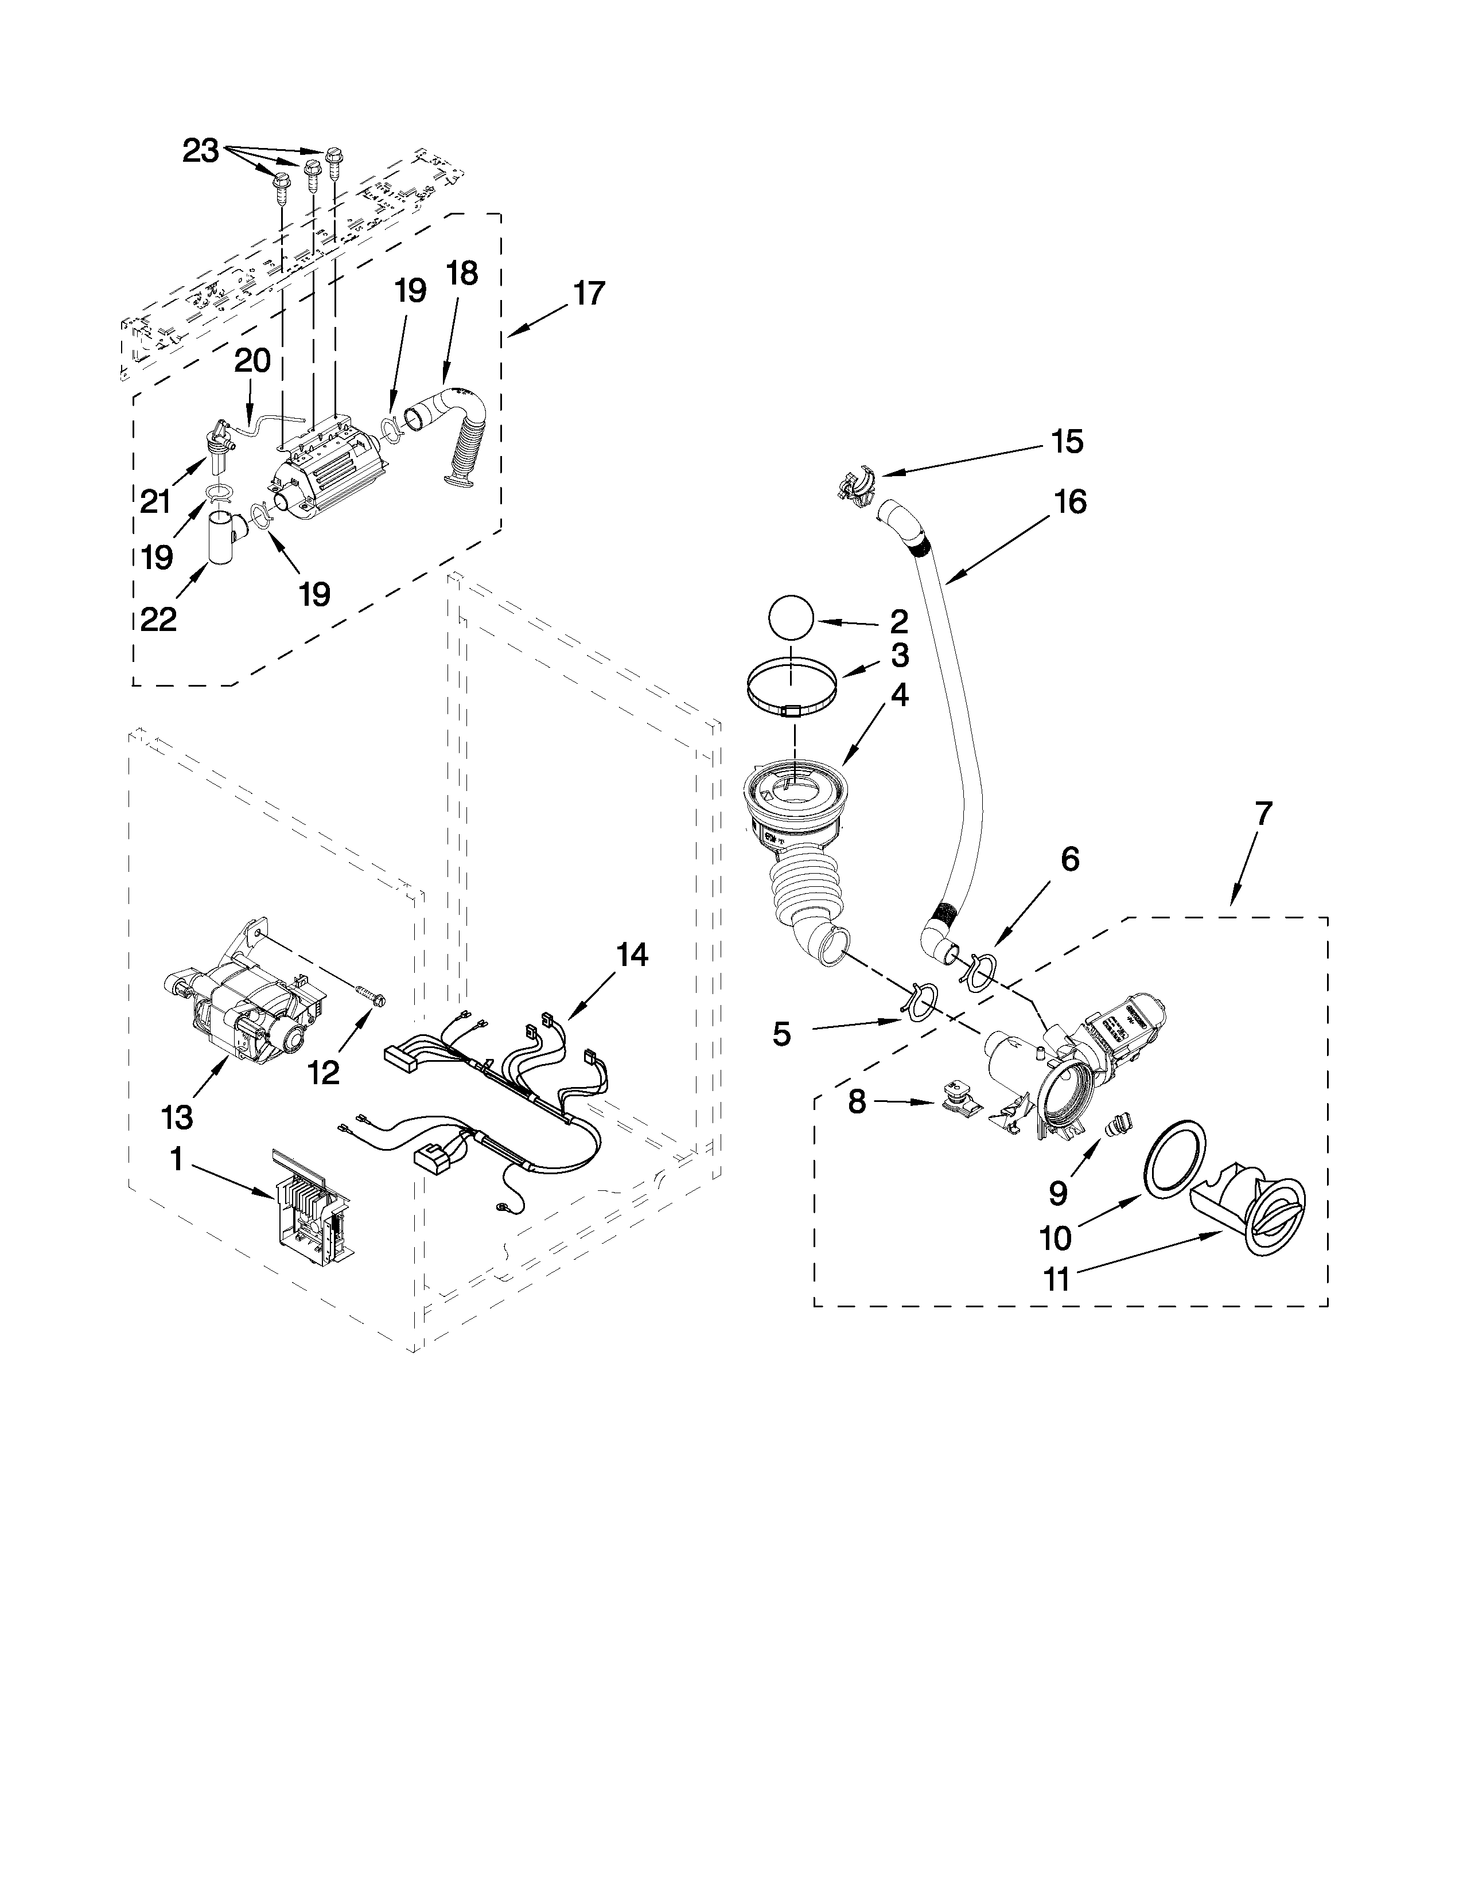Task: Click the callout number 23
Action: click(x=200, y=151)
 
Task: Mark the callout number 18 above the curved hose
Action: click(x=462, y=274)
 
